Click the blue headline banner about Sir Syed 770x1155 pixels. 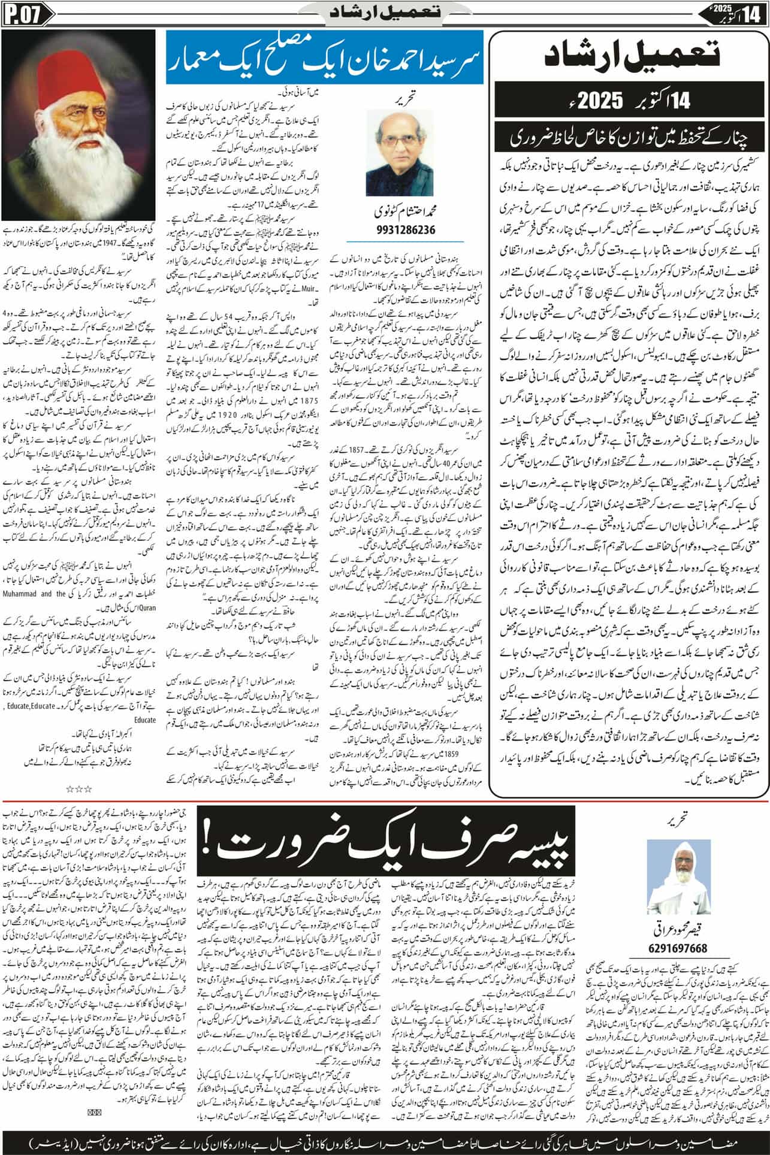[322, 61]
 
